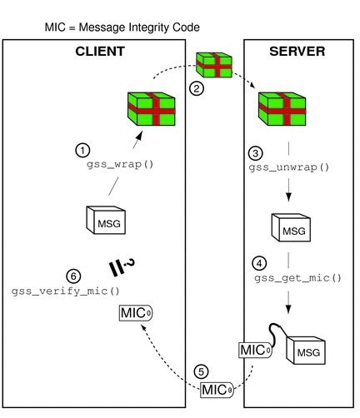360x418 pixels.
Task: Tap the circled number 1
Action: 82,151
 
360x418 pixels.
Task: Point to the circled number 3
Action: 256,154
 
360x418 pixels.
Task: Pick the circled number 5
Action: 201,371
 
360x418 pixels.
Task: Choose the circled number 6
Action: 72,276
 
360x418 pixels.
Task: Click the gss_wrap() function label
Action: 121,165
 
